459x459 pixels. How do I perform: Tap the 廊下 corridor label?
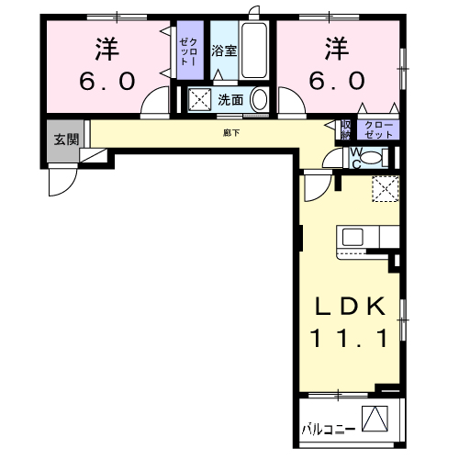point(230,133)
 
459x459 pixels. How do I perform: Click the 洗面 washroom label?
point(229,100)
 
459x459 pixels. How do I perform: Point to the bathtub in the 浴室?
point(253,51)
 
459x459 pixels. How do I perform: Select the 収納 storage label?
point(346,129)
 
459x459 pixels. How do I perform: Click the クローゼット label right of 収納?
point(379,129)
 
